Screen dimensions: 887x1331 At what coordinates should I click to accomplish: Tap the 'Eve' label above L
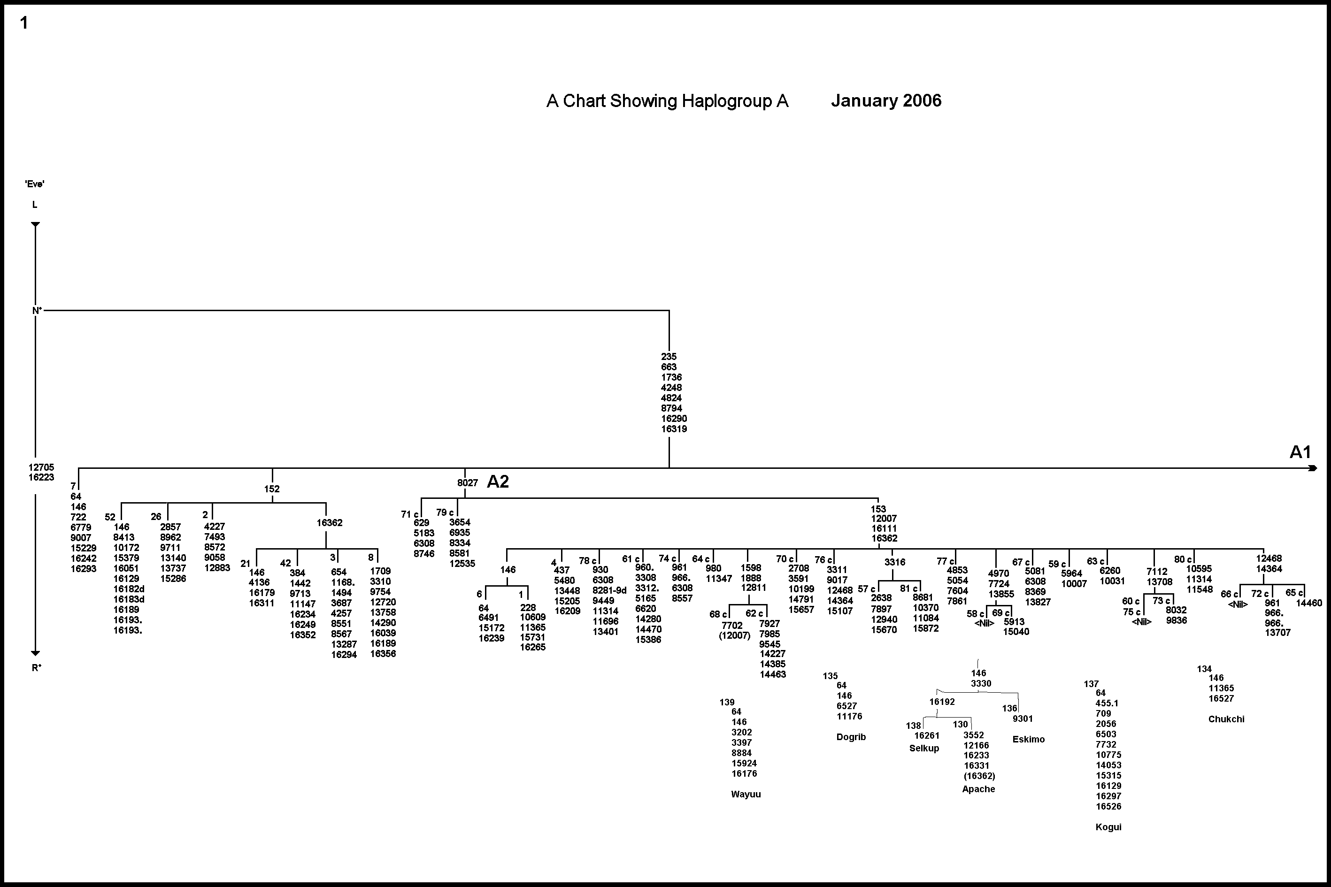coord(35,184)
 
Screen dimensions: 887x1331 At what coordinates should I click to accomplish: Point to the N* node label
coord(37,311)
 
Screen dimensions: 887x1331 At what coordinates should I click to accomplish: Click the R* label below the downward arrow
coord(37,667)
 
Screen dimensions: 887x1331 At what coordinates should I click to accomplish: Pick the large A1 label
coord(1300,452)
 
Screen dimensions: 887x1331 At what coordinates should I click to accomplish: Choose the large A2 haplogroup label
coord(498,482)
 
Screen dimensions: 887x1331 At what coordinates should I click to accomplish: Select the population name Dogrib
coord(851,737)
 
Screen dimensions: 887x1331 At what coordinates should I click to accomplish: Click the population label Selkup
coord(923,749)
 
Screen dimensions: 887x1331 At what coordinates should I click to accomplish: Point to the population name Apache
coord(978,789)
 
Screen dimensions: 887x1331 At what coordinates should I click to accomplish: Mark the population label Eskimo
coord(1028,739)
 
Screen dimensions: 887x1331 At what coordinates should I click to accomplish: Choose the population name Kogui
coord(1108,827)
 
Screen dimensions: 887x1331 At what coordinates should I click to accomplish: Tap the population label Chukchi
coord(1226,719)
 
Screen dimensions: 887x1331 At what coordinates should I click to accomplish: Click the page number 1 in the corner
coord(24,23)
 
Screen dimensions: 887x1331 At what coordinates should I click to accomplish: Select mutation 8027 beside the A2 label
coord(468,483)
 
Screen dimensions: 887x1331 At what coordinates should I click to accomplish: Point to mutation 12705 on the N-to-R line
coord(41,467)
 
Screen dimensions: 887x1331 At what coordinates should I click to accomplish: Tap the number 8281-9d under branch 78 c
coord(609,590)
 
